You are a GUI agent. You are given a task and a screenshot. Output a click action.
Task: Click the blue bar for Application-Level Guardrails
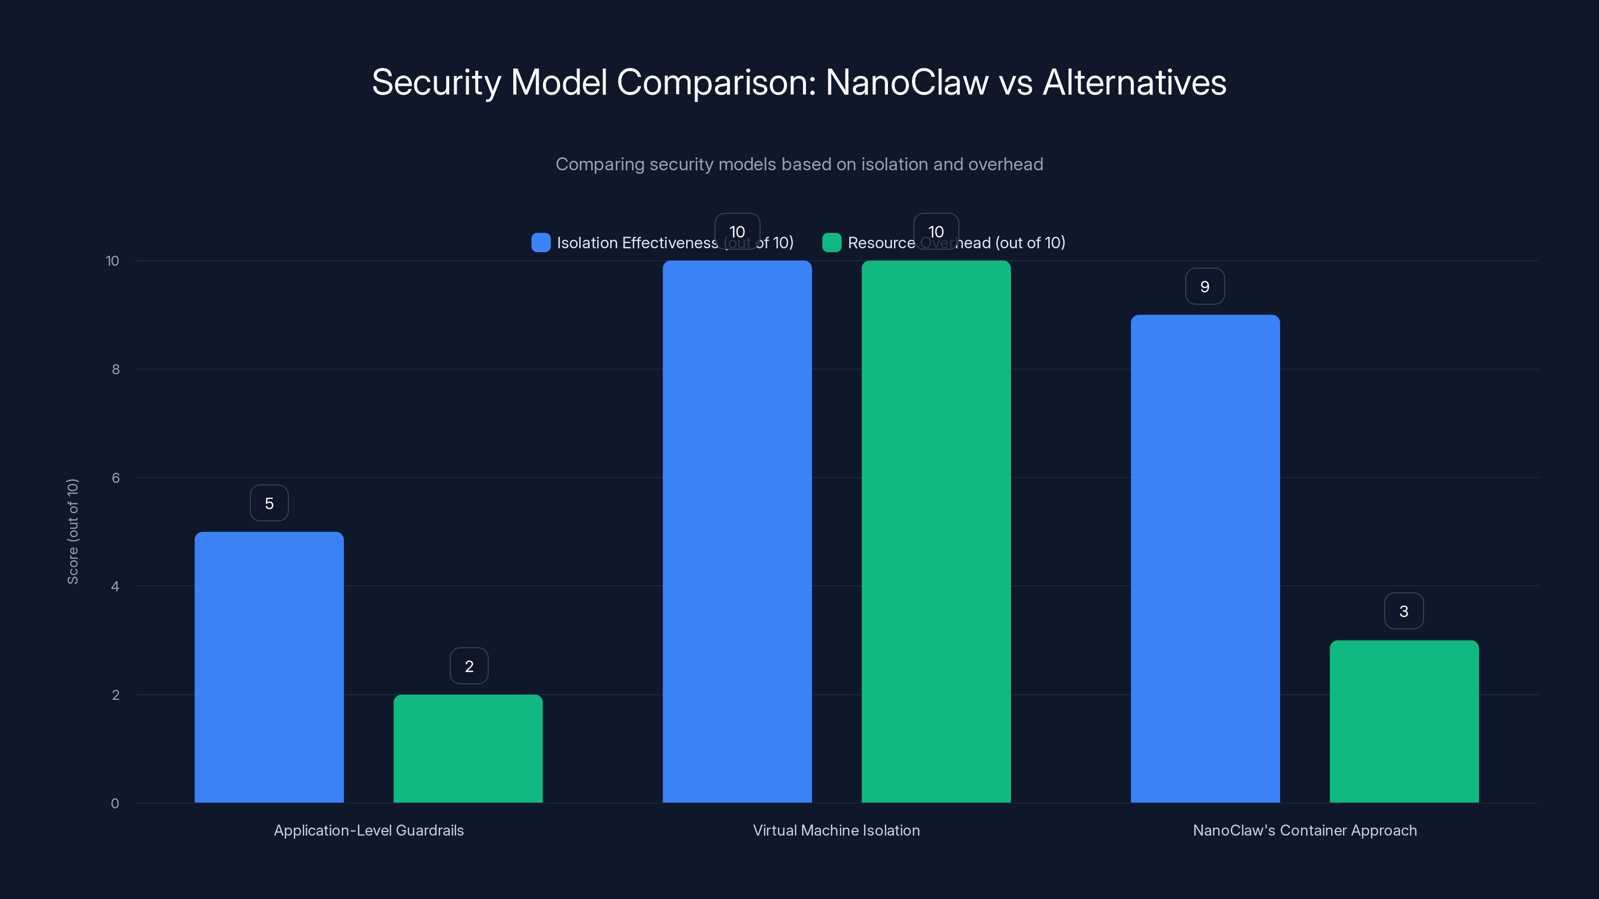269,667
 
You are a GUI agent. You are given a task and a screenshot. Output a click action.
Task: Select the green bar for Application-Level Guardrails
468,748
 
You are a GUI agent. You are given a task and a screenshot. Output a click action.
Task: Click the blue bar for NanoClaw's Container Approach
1205,558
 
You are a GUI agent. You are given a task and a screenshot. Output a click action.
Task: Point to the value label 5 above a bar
269,503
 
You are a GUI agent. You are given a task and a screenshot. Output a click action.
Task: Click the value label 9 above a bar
1205,287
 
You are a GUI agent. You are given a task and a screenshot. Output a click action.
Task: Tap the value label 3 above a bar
1404,611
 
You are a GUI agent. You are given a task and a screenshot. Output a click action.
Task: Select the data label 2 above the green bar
469,666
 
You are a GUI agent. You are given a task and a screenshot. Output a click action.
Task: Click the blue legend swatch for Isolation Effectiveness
541,243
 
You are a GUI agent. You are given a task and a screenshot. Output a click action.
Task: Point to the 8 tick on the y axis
115,370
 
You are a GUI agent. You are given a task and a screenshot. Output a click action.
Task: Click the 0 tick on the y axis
115,804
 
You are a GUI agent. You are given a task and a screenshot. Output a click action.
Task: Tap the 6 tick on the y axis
115,478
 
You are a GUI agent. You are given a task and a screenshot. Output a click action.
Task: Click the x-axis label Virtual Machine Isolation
836,830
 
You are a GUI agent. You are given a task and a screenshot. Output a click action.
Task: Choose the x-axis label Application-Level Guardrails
369,830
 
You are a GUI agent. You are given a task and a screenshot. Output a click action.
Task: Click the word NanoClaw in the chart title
906,82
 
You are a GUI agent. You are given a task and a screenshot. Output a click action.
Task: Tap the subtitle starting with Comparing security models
799,164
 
